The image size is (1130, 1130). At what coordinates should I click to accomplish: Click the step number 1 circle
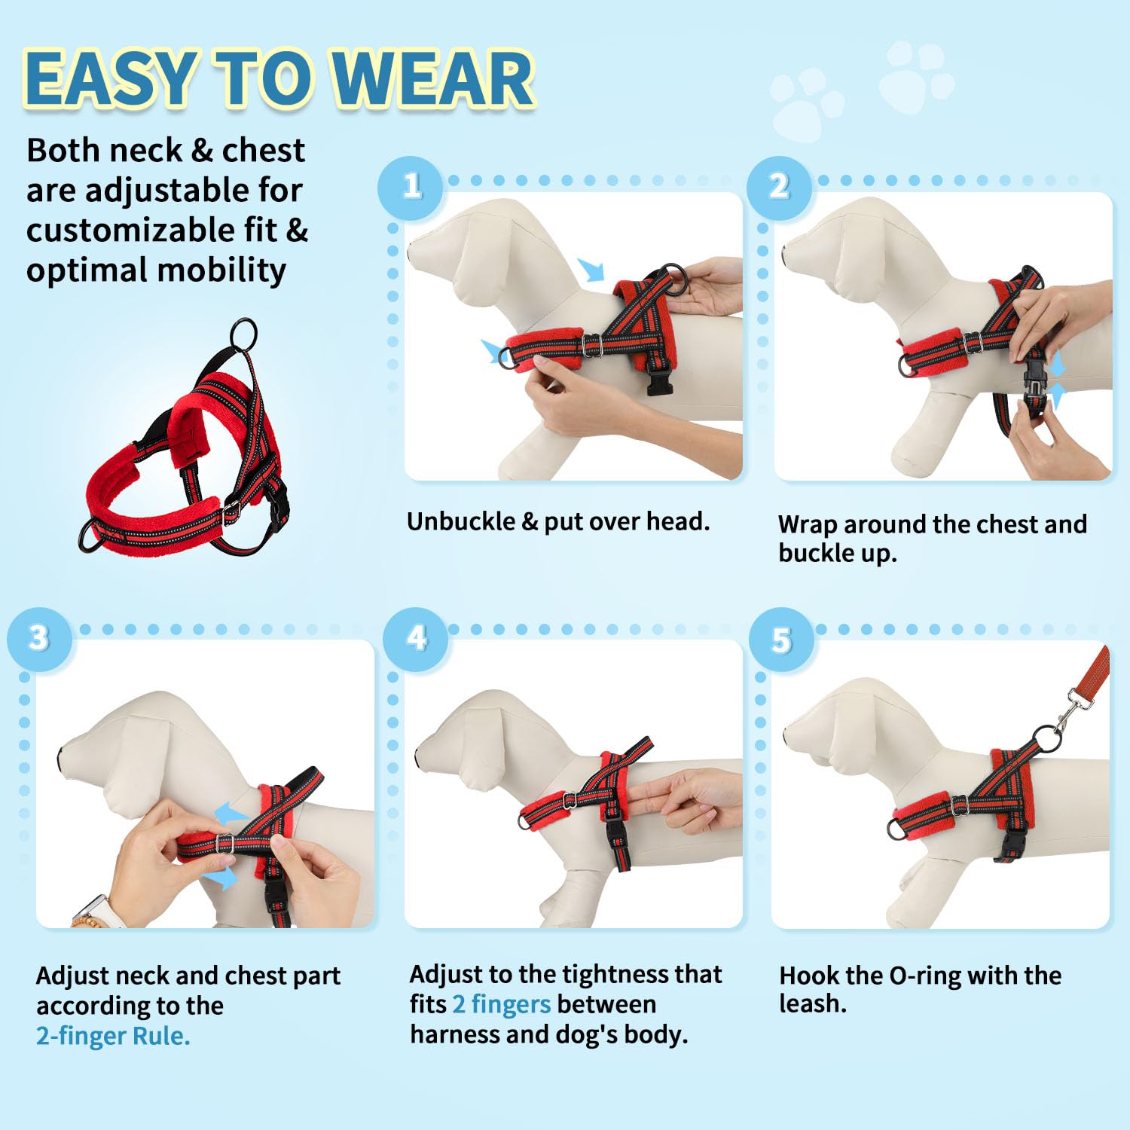[411, 187]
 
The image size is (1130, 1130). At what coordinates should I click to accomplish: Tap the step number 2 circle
[779, 187]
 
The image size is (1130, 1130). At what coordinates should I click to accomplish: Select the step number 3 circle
[39, 639]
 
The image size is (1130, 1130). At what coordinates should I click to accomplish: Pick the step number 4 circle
[416, 639]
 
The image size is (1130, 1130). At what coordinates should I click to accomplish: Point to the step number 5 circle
[781, 640]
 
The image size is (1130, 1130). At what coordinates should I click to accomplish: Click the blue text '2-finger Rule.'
[113, 1036]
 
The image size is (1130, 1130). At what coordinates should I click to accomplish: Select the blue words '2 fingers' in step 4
[501, 1004]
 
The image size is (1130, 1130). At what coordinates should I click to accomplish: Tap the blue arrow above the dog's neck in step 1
[592, 269]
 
